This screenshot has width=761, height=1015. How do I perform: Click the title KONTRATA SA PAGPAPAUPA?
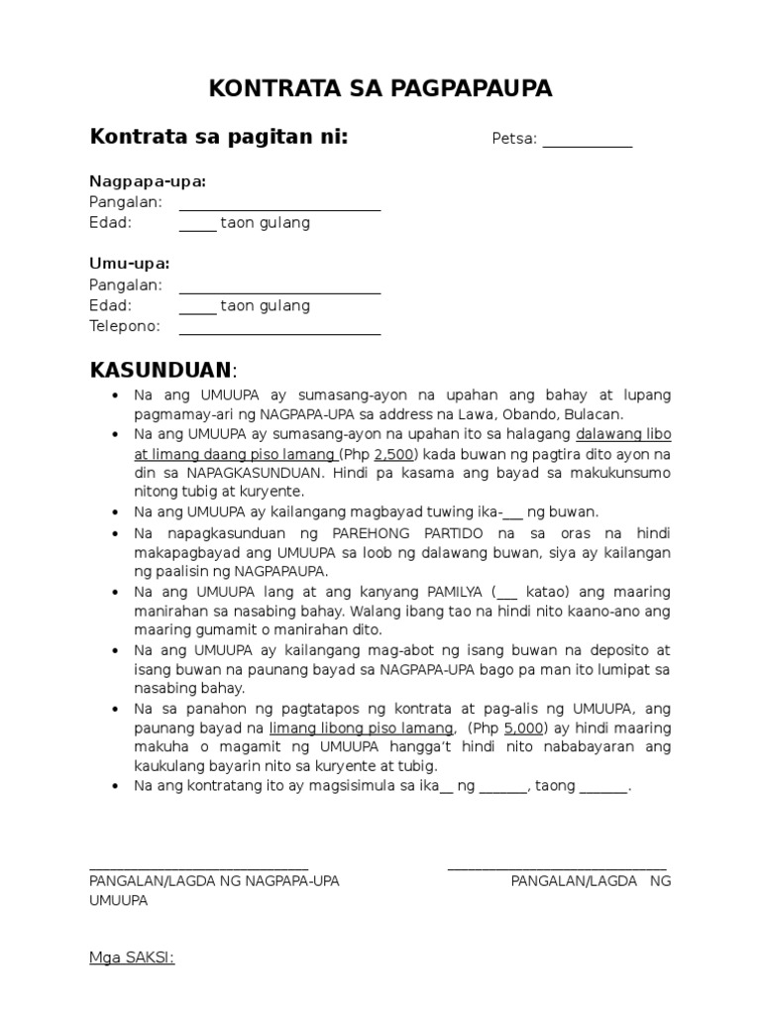pyautogui.click(x=380, y=89)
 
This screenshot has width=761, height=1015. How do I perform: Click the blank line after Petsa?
pyautogui.click(x=587, y=140)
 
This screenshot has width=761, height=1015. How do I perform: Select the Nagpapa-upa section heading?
pyautogui.click(x=148, y=181)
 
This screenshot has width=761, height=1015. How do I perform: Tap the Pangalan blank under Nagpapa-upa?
pyautogui.click(x=279, y=203)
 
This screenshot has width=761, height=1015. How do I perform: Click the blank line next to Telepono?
pyautogui.click(x=279, y=328)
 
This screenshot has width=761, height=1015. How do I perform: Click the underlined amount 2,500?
pyautogui.click(x=392, y=453)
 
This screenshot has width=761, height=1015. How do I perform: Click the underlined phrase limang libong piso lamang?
pyautogui.click(x=361, y=729)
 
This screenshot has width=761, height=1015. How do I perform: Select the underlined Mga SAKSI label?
pyautogui.click(x=132, y=958)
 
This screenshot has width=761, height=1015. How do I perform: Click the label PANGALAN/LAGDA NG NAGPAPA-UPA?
pyautogui.click(x=214, y=881)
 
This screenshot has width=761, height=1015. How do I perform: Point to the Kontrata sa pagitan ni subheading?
pyautogui.click(x=219, y=137)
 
